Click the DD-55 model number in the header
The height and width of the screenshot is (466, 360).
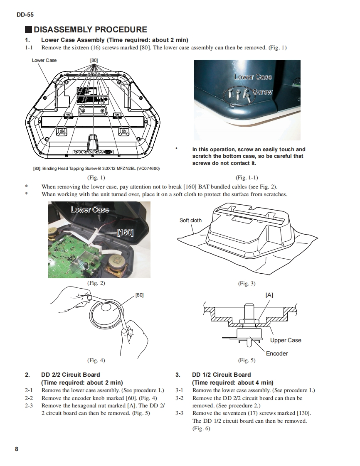pos(25,15)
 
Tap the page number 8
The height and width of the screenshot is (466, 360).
pos(17,449)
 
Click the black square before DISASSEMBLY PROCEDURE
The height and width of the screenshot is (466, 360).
pos(28,30)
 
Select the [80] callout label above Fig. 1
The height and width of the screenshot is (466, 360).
pos(94,60)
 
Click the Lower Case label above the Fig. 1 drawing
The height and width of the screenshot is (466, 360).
pos(44,60)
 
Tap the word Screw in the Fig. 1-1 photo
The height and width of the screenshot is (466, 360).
pos(262,92)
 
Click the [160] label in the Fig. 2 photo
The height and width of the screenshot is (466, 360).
pos(125,232)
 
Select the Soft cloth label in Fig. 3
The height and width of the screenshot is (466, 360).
pos(190,220)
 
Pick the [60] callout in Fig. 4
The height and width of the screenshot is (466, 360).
pos(139,295)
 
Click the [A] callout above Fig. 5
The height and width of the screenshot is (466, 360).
pos(269,295)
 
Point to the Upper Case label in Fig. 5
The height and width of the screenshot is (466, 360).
pos(286,340)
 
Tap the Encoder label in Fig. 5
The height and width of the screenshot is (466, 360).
pos(277,353)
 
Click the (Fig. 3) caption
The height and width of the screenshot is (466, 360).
pos(247,283)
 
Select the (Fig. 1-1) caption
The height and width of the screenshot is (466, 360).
pos(247,178)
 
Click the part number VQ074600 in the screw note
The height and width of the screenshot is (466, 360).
pos(146,168)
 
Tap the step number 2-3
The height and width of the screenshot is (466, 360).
pos(29,405)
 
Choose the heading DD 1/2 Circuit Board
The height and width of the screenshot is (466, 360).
pos(221,375)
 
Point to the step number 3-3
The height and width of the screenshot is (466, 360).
pos(180,413)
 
